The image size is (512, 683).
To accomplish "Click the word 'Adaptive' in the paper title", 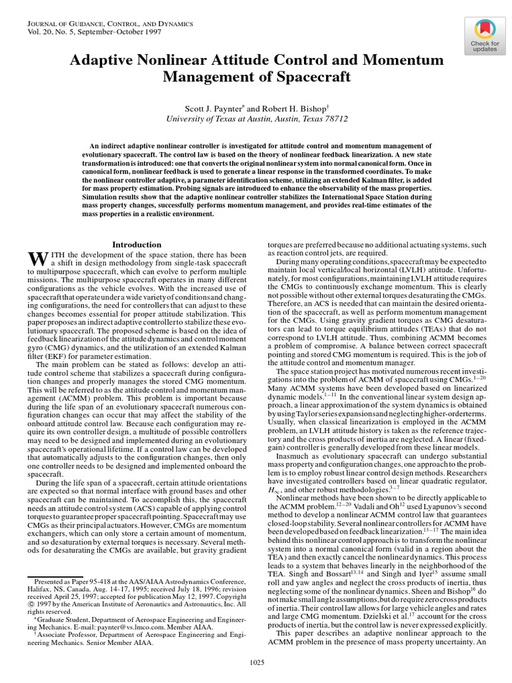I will pyautogui.click(x=101, y=61).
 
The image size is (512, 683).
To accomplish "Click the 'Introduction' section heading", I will pyautogui.click(x=136, y=245).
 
